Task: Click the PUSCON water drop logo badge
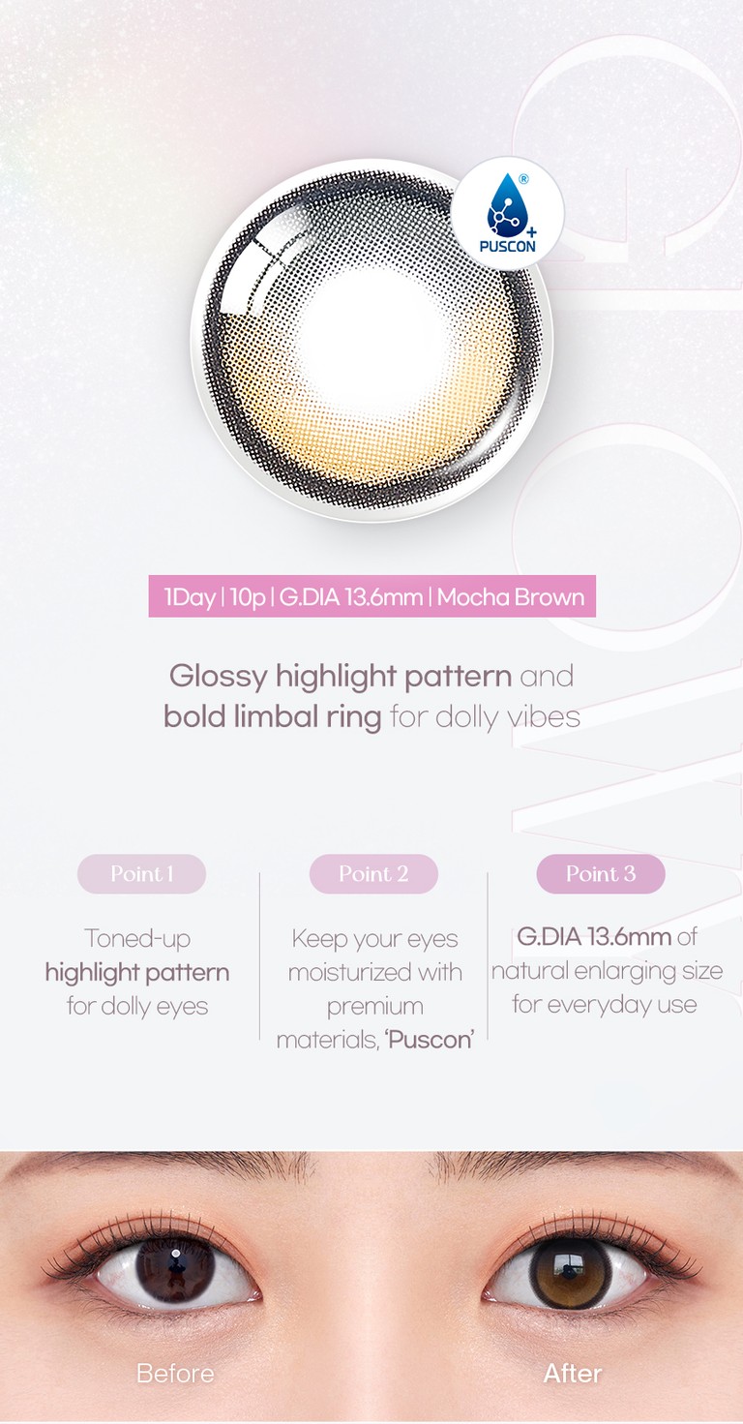[507, 214]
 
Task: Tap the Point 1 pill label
[142, 874]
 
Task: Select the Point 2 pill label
[373, 874]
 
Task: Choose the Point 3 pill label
[601, 874]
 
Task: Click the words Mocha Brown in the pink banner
[511, 597]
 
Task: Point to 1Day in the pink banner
[190, 597]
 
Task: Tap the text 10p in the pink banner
[248, 597]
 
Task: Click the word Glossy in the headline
[218, 677]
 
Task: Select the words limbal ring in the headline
[308, 716]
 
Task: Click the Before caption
[175, 1373]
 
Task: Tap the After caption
[573, 1373]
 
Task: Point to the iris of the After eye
[570, 1272]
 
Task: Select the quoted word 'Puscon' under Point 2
[430, 1040]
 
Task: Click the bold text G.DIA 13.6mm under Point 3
[594, 936]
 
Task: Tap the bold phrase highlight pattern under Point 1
[137, 973]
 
